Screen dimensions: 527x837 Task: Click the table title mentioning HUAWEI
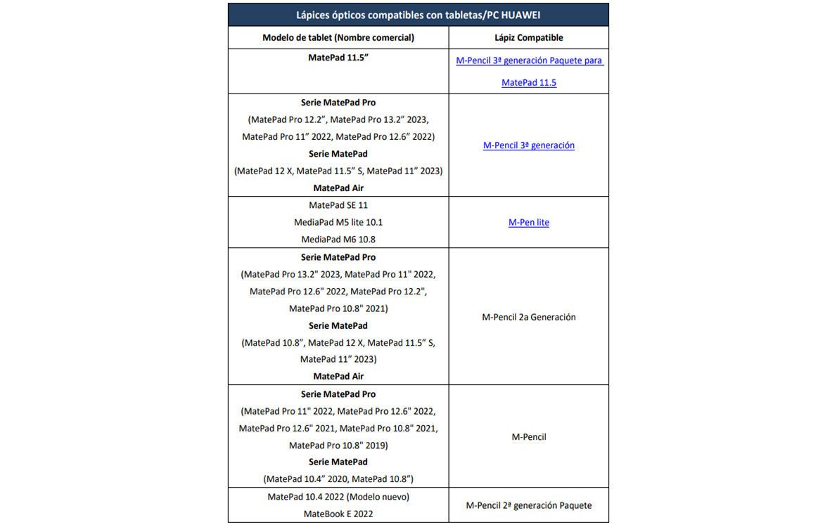point(418,15)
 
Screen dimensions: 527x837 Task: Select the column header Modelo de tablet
point(338,38)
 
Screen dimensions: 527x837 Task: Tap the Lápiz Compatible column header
point(529,38)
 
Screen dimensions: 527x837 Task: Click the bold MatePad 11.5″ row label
point(338,58)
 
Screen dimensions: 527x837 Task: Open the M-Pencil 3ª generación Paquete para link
point(529,60)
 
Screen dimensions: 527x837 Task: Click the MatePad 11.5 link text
point(529,83)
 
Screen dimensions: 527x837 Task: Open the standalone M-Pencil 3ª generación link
point(529,145)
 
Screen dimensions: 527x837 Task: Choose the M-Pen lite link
point(529,222)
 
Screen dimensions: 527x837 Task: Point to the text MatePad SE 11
point(338,205)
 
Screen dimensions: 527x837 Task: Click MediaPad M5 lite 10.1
point(338,222)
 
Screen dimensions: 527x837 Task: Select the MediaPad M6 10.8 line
point(338,239)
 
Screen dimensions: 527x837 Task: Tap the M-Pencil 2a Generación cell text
point(529,317)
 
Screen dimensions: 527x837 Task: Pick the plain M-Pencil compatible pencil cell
point(529,437)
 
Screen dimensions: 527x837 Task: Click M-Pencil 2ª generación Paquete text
point(529,505)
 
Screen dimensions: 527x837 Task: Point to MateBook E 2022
point(338,514)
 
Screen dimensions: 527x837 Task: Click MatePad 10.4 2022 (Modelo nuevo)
point(338,497)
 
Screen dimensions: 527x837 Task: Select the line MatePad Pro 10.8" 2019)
point(338,445)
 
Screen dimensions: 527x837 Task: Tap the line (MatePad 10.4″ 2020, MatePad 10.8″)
point(338,479)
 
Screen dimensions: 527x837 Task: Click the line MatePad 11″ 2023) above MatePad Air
point(338,360)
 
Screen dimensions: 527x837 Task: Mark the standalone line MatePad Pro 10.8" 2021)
point(338,308)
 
